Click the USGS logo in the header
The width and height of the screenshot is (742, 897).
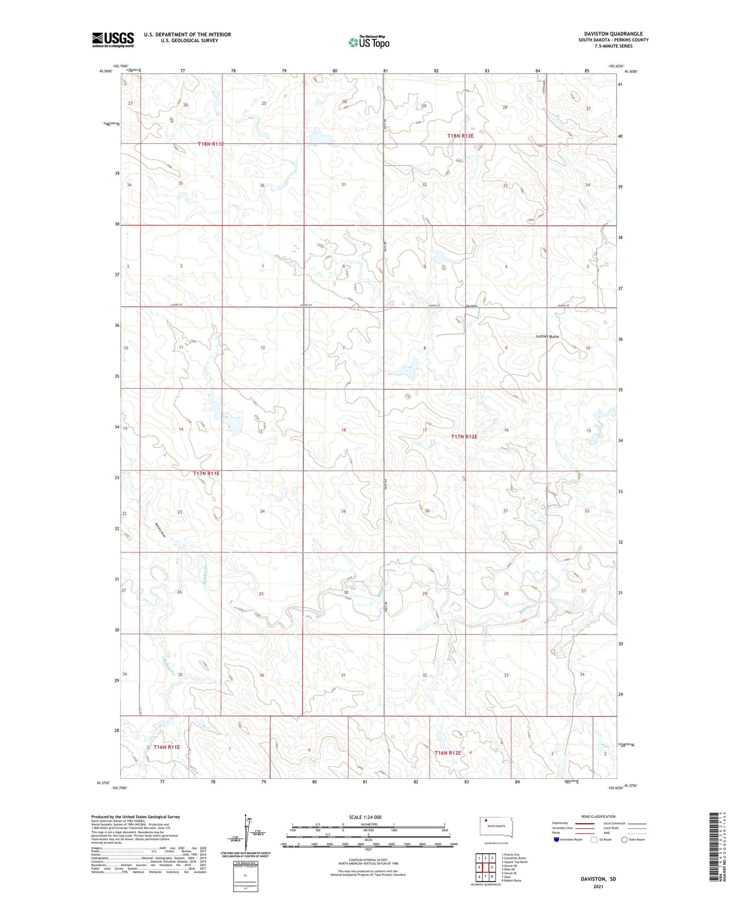pyautogui.click(x=112, y=40)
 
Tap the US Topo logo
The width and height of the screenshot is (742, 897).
pyautogui.click(x=368, y=42)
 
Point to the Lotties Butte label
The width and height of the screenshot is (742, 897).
pyautogui.click(x=547, y=337)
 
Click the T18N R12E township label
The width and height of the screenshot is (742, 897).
pyautogui.click(x=460, y=136)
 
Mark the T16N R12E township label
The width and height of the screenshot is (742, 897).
pyautogui.click(x=448, y=753)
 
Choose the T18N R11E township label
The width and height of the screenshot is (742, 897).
pyautogui.click(x=211, y=144)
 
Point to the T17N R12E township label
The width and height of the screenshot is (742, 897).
pyautogui.click(x=464, y=437)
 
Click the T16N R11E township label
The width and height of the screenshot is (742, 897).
pyautogui.click(x=166, y=747)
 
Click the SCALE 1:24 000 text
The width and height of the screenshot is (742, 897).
pyautogui.click(x=365, y=817)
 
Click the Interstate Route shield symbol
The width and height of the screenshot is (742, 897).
pyautogui.click(x=557, y=839)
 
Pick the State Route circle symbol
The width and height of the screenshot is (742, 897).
pyautogui.click(x=624, y=839)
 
